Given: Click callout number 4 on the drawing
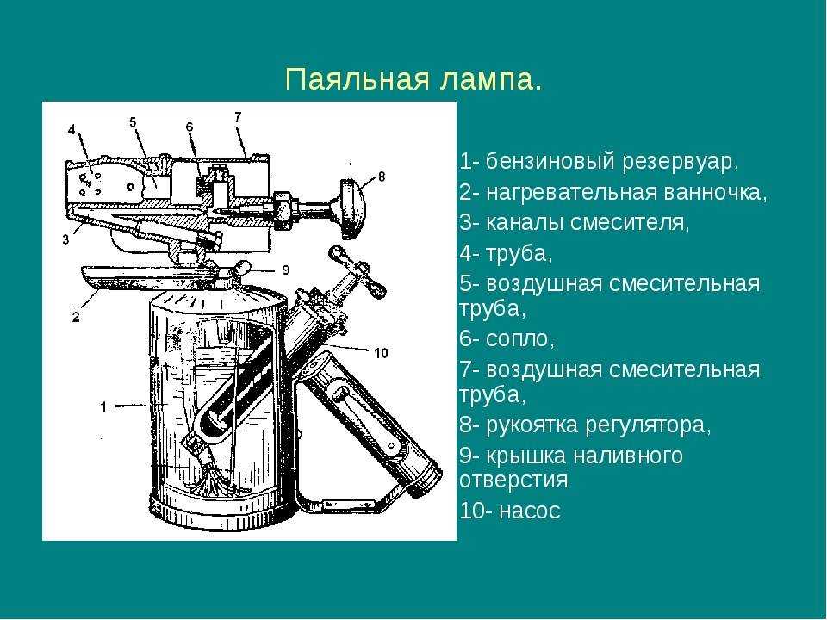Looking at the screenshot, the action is tap(72, 129).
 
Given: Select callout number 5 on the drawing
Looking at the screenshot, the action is tap(133, 122).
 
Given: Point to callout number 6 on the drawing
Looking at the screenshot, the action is tap(190, 127).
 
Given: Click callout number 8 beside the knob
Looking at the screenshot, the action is tap(382, 176).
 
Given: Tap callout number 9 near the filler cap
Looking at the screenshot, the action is tap(285, 270).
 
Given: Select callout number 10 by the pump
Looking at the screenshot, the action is tap(381, 353).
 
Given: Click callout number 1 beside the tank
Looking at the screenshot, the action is tap(104, 406).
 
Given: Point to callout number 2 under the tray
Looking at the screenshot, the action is tap(76, 317).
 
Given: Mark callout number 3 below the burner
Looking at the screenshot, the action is tap(66, 239).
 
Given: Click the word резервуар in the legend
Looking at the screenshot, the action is tap(681, 162).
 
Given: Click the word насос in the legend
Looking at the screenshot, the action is tap(530, 511).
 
